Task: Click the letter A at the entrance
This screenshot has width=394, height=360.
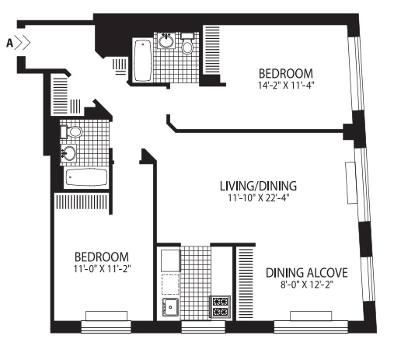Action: coord(9,43)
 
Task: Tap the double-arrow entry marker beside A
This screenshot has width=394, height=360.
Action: coord(23,43)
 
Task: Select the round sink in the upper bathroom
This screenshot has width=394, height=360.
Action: coord(166,40)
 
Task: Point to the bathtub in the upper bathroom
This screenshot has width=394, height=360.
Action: coord(142,61)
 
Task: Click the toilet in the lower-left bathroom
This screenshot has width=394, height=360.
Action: coord(71,132)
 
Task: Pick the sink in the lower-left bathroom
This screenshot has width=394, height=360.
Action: coord(68,152)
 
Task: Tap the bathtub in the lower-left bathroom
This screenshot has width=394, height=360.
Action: coord(86,177)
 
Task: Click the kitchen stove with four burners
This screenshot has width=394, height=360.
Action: coord(220,306)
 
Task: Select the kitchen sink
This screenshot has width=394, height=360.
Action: coord(170,307)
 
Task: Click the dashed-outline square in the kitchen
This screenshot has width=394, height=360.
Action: coord(170,285)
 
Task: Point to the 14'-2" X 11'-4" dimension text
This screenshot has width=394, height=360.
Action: coord(286,86)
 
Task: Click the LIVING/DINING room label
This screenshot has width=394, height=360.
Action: coord(258,186)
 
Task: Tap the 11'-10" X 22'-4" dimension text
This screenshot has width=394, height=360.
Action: coord(258,197)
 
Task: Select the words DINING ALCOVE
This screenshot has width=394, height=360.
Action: coord(307,273)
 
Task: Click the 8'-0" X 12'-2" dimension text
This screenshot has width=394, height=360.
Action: coord(307,285)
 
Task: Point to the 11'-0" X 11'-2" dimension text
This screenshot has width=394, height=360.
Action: coord(102,269)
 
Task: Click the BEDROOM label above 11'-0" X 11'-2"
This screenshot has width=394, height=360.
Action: coord(102,257)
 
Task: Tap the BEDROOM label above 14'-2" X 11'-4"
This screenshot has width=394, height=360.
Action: coord(286,73)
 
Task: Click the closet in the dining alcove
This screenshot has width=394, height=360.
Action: coord(246,283)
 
